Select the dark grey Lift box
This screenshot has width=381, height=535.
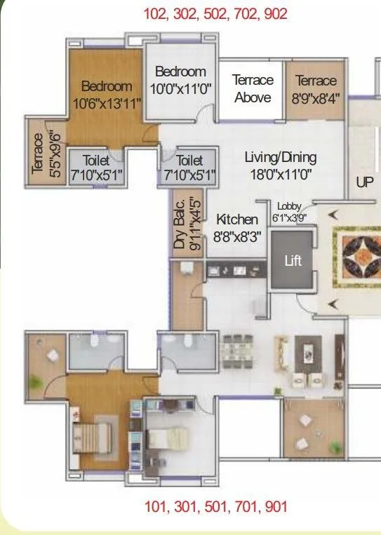point(293,260)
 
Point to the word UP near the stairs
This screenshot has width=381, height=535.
point(365,182)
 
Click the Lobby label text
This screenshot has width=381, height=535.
point(288,206)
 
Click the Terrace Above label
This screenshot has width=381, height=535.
point(253,89)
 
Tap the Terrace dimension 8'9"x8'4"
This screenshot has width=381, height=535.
point(316,98)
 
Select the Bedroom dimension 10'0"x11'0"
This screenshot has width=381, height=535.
point(181,89)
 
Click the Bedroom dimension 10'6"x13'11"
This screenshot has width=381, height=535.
point(107,102)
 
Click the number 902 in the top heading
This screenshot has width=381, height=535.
point(276,14)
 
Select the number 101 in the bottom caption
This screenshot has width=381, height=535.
point(157,506)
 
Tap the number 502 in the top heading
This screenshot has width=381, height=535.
point(215,14)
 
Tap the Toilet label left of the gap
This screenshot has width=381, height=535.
point(96,168)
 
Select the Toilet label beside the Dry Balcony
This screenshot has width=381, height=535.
point(189,168)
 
